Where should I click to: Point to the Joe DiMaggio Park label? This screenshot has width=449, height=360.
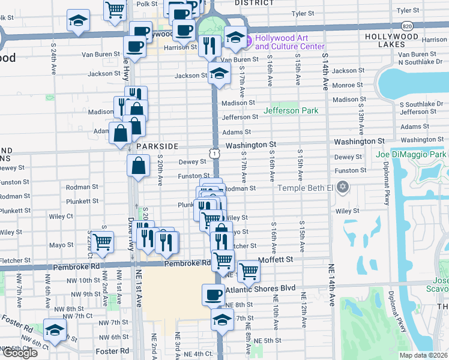pyautogui.click(x=411, y=155)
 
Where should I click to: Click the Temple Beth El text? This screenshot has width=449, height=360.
pyautogui.click(x=304, y=188)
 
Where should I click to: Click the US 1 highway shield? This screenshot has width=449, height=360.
pyautogui.click(x=214, y=154)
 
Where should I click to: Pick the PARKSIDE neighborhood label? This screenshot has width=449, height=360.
pyautogui.click(x=157, y=146)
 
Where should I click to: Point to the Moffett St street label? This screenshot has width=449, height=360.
pyautogui.click(x=275, y=260)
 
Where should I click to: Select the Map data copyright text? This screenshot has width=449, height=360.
pyautogui.click(x=423, y=355)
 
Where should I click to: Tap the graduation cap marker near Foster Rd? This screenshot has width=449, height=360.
pyautogui.click(x=55, y=330)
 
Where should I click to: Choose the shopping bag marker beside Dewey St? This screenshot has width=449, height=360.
pyautogui.click(x=139, y=164)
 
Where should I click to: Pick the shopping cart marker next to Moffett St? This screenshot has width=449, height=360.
pyautogui.click(x=248, y=270)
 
